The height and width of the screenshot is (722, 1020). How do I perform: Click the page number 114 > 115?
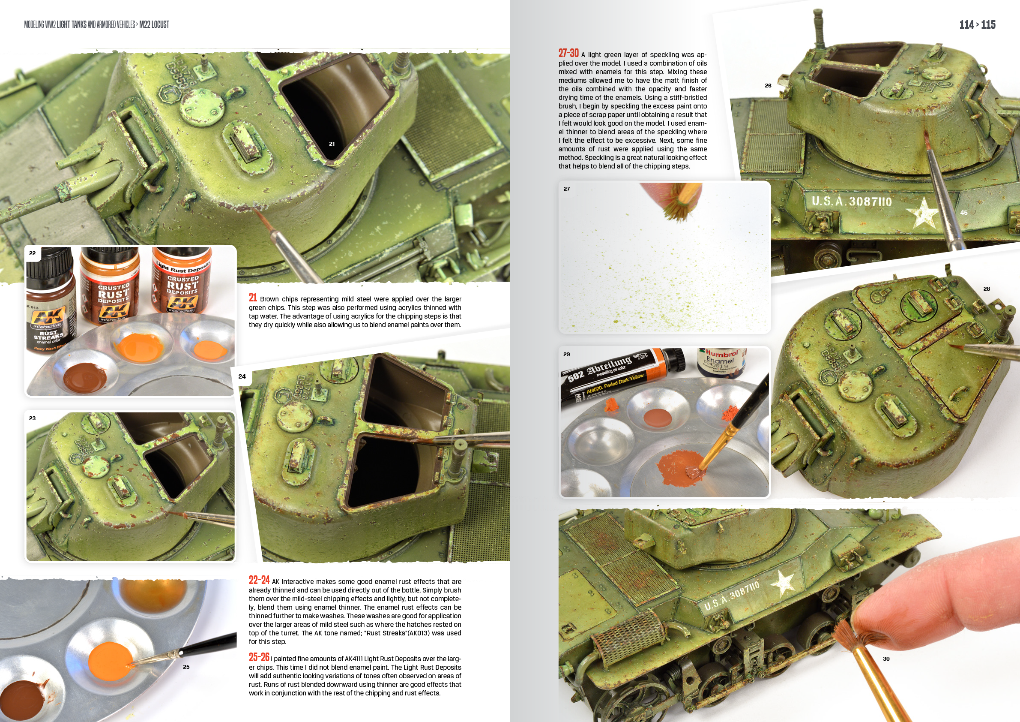[x=977, y=24]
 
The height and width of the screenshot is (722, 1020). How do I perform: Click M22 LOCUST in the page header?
[x=154, y=24]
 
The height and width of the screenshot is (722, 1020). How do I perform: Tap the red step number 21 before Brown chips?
[x=253, y=298]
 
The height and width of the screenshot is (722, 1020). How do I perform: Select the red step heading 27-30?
[x=568, y=53]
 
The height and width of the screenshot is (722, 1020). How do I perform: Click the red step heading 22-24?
[x=259, y=580]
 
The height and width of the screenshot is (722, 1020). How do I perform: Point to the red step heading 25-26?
[x=259, y=657]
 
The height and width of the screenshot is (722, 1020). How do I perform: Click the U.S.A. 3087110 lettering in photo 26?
[x=851, y=202]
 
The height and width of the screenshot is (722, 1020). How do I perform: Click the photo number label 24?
[x=242, y=376]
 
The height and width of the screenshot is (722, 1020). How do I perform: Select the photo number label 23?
[x=33, y=418]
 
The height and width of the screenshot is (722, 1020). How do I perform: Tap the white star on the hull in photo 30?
[x=784, y=582]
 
